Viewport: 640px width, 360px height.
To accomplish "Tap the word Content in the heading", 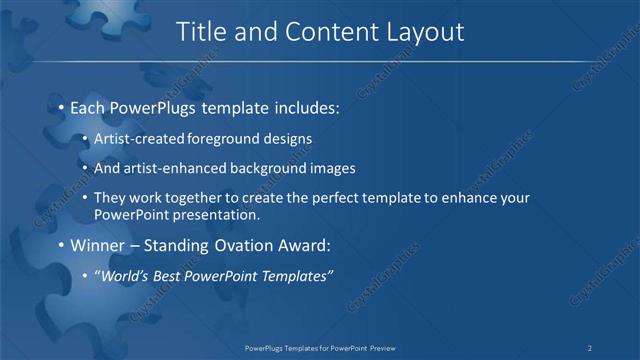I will pos(323,32).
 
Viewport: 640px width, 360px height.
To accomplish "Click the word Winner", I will pos(100,244).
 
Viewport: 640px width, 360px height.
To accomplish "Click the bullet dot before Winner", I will pos(61,245).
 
